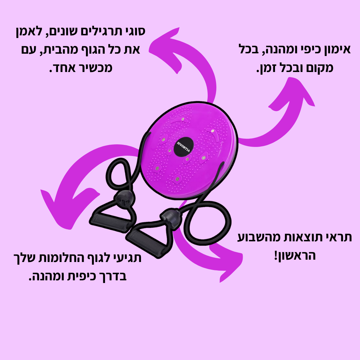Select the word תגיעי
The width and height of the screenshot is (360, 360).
pos(125,258)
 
